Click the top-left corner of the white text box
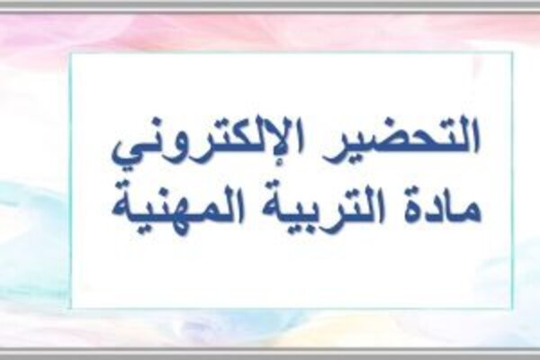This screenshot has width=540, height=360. tap(71, 53)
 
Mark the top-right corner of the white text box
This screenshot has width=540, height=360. tap(512, 53)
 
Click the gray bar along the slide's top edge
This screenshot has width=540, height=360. tap(270, 5)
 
